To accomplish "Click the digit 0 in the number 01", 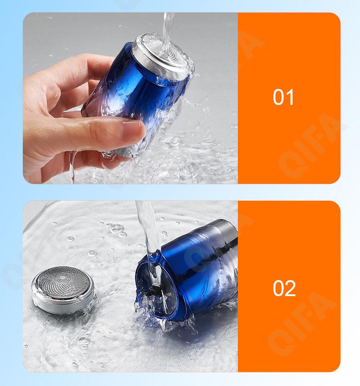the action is click(279, 97).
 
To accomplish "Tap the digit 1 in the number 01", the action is click(290, 97).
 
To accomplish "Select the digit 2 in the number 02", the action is click(291, 288).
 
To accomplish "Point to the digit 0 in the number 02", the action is click(279, 288).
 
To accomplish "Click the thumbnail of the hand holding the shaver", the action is click(130, 98).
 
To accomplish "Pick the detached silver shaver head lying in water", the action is click(63, 290).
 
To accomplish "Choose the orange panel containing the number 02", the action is click(289, 286).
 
